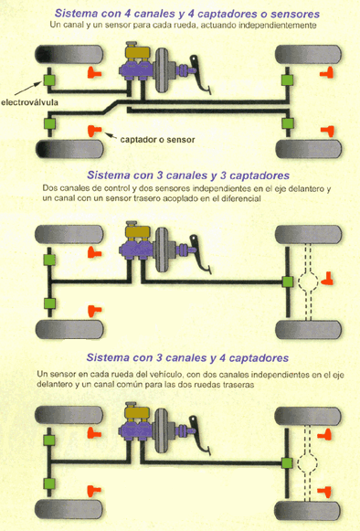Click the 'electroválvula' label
(x=29, y=102)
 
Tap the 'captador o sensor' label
(x=157, y=140)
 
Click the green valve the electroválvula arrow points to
(x=49, y=80)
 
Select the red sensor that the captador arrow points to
(x=94, y=131)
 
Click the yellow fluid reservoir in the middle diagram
(x=137, y=231)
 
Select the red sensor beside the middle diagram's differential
(x=327, y=279)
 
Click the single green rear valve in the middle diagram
(x=288, y=281)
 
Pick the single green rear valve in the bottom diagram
(x=287, y=463)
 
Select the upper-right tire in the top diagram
(x=308, y=54)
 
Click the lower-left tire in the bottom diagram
(x=69, y=509)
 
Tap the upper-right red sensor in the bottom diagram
(x=324, y=434)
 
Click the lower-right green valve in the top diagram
(x=288, y=123)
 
